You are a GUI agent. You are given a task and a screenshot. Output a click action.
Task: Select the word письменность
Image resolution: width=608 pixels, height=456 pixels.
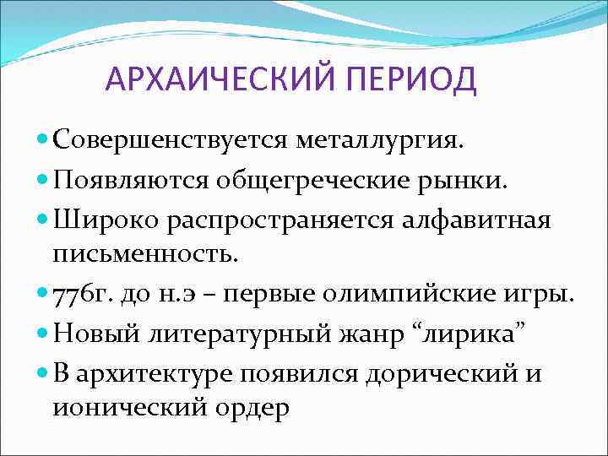coord(144,250)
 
